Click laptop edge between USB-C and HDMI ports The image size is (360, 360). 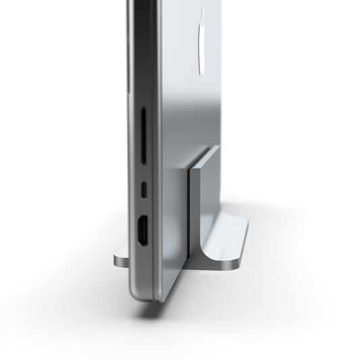(143, 206)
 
